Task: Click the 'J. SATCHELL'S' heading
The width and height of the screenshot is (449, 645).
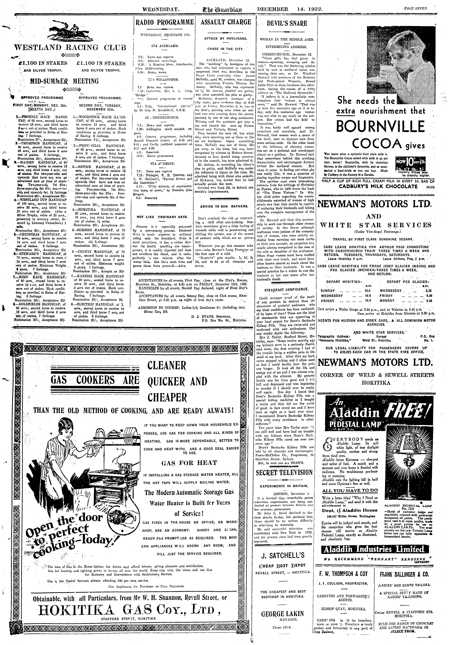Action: (283, 548)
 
